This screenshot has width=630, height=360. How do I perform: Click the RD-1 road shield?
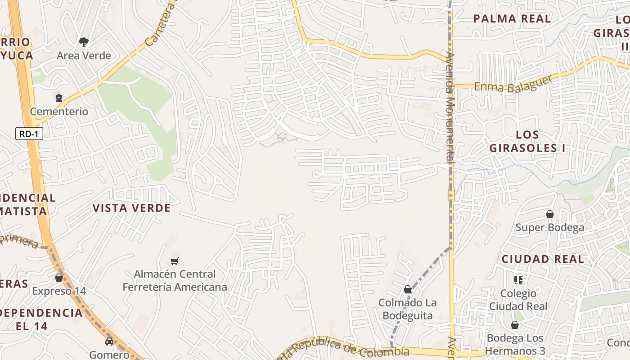(x=29, y=134)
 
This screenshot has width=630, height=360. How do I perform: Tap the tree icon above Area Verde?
(x=83, y=42)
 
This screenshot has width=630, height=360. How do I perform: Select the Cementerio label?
(x=59, y=111)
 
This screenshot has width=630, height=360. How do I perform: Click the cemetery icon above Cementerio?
(x=59, y=98)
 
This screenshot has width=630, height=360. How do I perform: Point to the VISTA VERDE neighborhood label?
(x=131, y=208)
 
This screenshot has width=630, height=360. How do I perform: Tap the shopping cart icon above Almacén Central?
(x=175, y=261)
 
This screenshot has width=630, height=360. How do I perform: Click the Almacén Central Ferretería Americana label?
(x=175, y=280)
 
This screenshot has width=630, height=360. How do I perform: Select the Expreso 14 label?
(x=59, y=291)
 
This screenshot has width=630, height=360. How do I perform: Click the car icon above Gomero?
(x=109, y=341)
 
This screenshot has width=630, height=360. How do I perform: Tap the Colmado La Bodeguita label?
(x=407, y=309)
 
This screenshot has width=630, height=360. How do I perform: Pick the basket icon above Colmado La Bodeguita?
(x=407, y=289)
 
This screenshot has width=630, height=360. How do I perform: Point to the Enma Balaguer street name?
(x=506, y=85)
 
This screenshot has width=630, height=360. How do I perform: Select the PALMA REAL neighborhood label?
(x=512, y=19)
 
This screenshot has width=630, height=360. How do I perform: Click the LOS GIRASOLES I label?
(x=527, y=141)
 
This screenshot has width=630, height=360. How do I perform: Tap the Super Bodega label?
(x=550, y=227)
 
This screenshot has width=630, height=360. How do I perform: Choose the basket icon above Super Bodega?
(x=549, y=214)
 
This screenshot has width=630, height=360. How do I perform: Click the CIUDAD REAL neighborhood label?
(x=543, y=259)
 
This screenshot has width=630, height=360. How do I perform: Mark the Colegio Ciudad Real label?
(x=518, y=300)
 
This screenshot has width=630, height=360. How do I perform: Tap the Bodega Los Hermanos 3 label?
(x=516, y=344)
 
